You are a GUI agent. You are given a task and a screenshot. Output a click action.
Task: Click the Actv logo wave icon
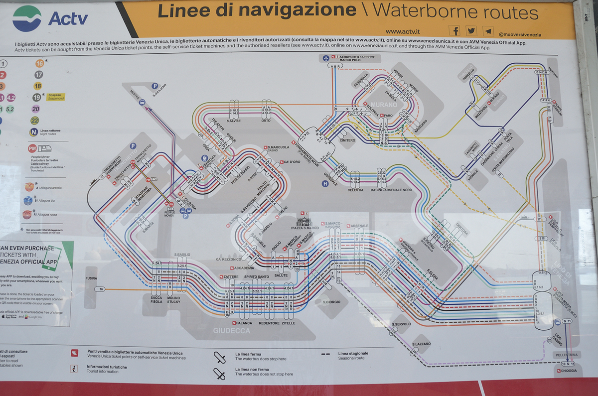[27, 18]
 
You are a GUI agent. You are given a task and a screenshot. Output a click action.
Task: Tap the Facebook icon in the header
[454, 30]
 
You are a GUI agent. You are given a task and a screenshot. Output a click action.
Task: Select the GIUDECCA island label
[232, 331]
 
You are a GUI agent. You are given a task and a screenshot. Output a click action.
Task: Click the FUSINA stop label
[91, 278]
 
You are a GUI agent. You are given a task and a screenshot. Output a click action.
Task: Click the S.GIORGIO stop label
[331, 302]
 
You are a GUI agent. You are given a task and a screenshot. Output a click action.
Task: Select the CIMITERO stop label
[347, 140]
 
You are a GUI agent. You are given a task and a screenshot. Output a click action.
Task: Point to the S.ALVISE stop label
[234, 121]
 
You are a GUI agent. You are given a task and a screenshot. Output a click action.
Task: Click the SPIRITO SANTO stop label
[257, 276]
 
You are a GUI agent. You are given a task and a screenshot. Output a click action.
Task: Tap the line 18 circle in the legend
[38, 86]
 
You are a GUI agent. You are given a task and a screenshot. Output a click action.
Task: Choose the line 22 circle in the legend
[35, 120]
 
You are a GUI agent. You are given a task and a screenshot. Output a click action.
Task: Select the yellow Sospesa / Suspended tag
[55, 97]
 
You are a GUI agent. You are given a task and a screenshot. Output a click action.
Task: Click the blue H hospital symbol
[325, 183]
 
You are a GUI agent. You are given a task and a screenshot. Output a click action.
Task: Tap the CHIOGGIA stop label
[569, 371]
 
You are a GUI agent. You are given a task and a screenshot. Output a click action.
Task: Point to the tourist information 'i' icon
[74, 369]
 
